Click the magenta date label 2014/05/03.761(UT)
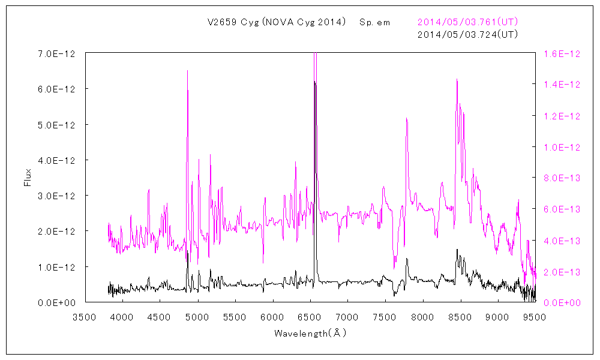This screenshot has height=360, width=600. tap(467, 22)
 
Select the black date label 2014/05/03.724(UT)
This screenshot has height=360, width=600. tap(467, 34)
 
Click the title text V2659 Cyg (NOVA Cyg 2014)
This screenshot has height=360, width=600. tap(277, 22)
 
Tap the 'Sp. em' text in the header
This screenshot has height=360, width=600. tap(374, 22)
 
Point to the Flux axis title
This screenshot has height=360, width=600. tap(28, 178)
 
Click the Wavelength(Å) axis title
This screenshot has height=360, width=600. tap(310, 332)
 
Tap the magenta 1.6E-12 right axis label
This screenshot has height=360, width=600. tap(562, 53)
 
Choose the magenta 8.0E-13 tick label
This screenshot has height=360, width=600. tap(562, 178)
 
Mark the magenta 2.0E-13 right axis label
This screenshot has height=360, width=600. tap(562, 272)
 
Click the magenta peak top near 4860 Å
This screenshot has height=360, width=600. tap(187, 71)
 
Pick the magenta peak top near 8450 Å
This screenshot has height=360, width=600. tap(457, 79)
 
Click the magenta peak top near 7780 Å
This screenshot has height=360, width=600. tap(406, 118)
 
